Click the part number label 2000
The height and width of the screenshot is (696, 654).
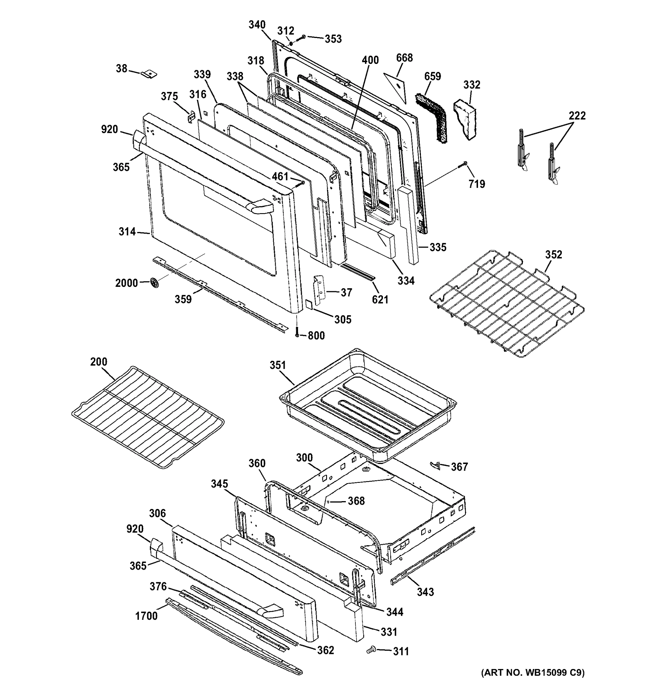(126, 283)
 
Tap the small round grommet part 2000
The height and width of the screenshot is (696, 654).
(154, 282)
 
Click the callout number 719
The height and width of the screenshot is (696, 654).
(477, 184)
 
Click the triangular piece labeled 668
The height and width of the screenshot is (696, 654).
(396, 88)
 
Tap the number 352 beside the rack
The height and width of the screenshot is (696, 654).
(553, 255)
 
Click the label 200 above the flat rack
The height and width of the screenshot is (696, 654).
(99, 361)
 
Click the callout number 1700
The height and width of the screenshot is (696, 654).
(146, 615)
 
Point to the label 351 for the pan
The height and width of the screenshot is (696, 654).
(277, 365)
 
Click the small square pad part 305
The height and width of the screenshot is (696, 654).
(309, 304)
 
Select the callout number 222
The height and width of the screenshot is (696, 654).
(577, 115)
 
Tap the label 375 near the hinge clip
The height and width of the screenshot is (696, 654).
(169, 96)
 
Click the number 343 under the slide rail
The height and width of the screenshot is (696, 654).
(425, 592)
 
